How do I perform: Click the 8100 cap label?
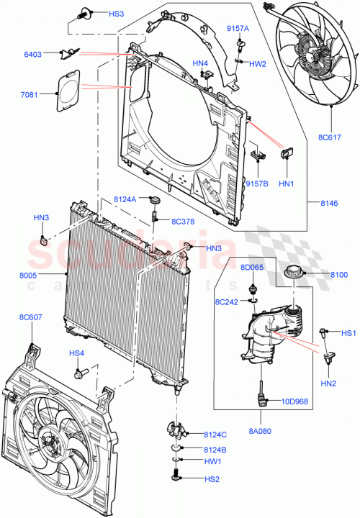[338, 274]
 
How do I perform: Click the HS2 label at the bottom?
[212, 478]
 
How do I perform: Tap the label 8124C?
[215, 434]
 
